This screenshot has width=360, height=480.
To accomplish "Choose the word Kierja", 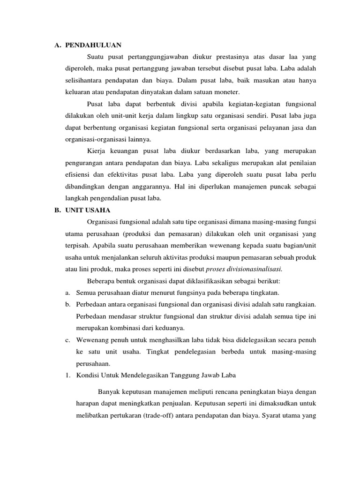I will coord(97,151).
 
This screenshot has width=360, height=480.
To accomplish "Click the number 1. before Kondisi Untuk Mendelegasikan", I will coord(67,375).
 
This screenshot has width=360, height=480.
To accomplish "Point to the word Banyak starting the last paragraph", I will coord(109,392).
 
